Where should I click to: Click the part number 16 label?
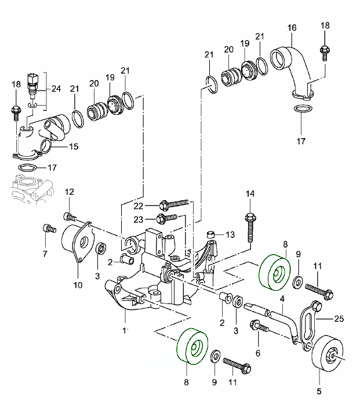click(291, 27)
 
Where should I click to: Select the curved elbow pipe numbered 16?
click(293, 67)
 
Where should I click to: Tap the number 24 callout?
click(56, 89)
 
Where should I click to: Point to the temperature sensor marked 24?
click(32, 84)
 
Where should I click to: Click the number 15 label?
click(74, 147)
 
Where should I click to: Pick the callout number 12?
click(69, 192)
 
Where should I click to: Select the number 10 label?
click(78, 285)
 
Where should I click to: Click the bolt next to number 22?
click(174, 204)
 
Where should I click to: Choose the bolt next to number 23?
click(167, 218)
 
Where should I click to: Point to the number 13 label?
click(229, 234)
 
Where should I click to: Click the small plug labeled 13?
click(212, 234)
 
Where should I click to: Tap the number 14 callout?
click(250, 193)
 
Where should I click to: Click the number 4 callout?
click(282, 299)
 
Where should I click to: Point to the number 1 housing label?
click(124, 331)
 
